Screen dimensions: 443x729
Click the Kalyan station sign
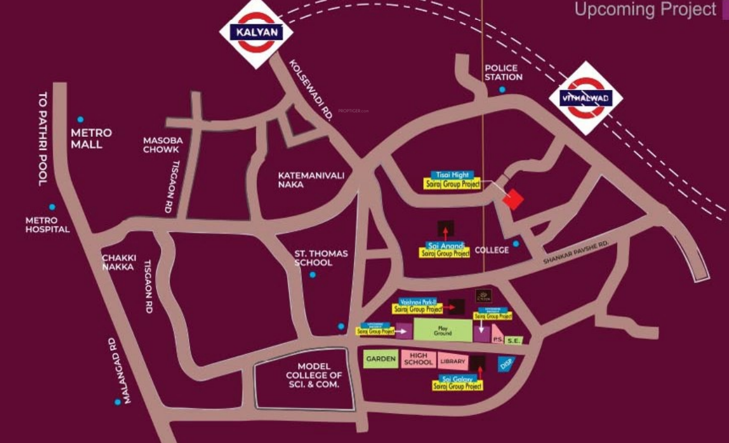256,32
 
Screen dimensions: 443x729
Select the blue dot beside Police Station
502,90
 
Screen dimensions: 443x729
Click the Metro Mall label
91,138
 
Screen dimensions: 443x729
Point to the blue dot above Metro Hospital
52,207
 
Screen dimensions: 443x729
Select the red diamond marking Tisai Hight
513,200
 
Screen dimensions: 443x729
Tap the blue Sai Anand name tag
444,245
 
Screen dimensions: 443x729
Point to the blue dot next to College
515,243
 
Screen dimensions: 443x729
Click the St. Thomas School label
321,258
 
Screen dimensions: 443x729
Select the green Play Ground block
443,330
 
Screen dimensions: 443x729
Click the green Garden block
380,360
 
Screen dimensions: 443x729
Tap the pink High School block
418,359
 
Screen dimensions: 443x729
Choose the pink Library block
453,361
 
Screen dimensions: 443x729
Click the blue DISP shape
506,364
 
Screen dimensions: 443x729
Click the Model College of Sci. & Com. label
314,376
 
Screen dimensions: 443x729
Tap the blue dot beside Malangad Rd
118,402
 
